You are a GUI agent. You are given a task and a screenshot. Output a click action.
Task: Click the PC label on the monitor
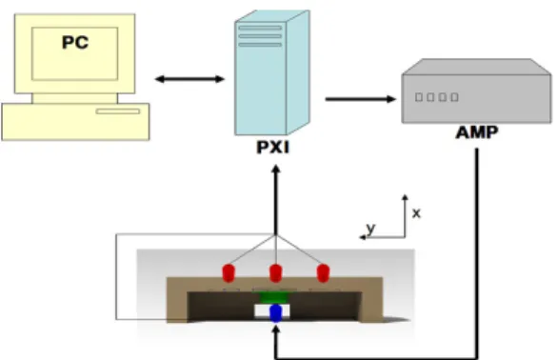click(75, 42)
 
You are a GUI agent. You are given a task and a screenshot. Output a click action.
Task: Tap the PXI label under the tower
click(273, 147)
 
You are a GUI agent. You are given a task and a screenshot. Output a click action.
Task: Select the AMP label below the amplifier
click(477, 132)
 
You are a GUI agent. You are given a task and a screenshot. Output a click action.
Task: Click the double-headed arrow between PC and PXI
click(189, 79)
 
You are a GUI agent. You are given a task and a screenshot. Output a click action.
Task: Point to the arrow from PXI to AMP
click(361, 99)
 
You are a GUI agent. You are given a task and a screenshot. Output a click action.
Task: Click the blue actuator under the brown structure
click(276, 312)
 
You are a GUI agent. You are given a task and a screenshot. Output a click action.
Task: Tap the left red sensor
click(229, 273)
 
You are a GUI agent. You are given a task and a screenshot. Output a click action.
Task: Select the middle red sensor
click(276, 273)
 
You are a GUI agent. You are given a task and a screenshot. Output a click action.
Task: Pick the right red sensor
click(323, 273)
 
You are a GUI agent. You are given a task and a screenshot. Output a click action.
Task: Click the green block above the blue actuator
click(274, 297)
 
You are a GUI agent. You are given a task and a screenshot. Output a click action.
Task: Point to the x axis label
click(416, 213)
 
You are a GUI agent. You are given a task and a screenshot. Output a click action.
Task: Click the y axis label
click(370, 229)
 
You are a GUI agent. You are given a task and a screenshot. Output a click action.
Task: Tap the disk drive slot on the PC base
click(118, 111)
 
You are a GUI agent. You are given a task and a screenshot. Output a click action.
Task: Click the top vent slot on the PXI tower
click(260, 28)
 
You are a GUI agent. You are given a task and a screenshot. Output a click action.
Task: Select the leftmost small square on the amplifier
click(419, 97)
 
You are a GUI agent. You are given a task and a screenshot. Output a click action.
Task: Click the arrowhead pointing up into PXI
click(276, 169)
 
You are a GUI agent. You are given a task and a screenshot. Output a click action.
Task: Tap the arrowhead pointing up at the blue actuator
click(276, 330)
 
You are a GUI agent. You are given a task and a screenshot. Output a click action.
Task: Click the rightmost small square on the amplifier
click(454, 97)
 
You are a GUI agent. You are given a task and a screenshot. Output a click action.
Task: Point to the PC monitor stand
click(74, 98)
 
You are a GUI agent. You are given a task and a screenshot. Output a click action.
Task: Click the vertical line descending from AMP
click(477, 253)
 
